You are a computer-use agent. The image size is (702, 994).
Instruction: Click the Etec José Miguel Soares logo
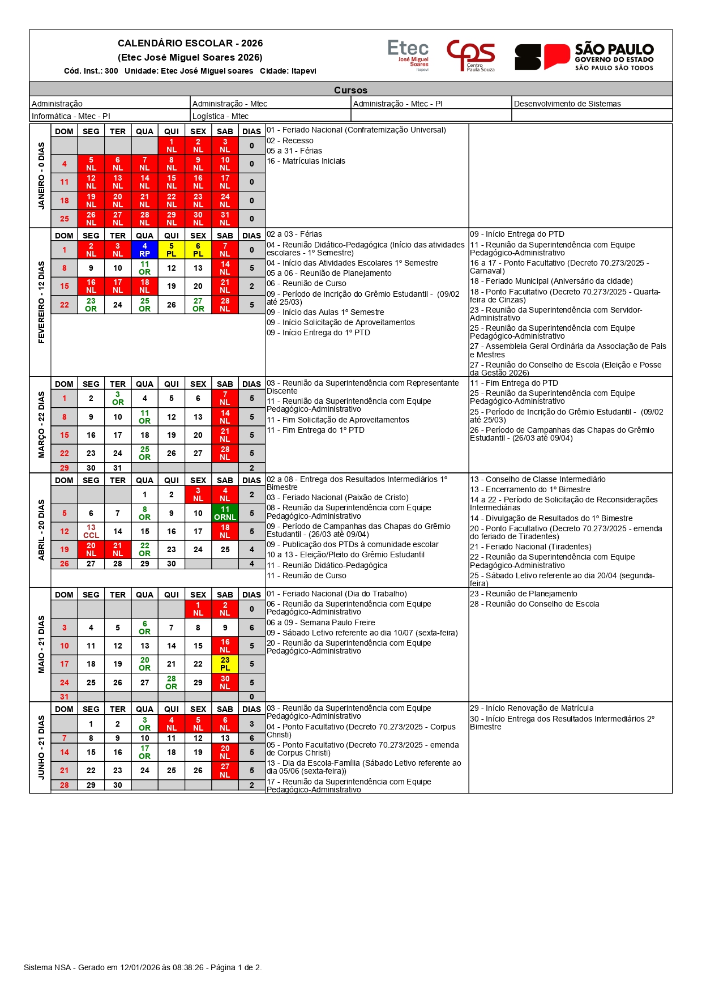[x=408, y=54]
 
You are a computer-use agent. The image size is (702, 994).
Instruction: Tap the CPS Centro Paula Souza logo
[x=471, y=55]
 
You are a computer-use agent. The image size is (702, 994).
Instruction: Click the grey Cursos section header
[x=350, y=89]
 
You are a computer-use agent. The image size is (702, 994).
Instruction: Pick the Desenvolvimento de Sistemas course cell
[x=567, y=104]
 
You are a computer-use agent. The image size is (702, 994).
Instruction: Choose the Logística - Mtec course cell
[x=220, y=116]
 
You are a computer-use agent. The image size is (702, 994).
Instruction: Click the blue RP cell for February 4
[x=144, y=250]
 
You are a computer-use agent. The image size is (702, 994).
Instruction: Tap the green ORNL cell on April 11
[x=225, y=513]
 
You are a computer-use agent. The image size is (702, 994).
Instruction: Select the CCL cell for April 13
[x=91, y=531]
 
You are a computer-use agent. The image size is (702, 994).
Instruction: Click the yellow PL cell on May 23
[x=225, y=664]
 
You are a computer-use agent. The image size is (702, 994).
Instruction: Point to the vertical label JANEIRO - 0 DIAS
[x=41, y=176]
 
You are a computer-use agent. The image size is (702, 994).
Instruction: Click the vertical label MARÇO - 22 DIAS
[x=41, y=424]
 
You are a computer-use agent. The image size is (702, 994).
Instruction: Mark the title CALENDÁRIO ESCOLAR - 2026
[x=190, y=43]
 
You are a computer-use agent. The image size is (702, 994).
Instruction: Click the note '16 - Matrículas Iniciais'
[x=306, y=161]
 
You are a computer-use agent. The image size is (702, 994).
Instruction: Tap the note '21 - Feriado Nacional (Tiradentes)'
[x=530, y=547]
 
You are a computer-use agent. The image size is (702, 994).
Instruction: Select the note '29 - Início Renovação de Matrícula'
[x=532, y=708]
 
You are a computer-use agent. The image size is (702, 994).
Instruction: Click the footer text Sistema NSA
[x=48, y=967]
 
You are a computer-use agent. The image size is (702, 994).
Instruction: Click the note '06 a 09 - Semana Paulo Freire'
[x=320, y=622]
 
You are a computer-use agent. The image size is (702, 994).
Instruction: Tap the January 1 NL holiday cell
[x=171, y=146]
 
